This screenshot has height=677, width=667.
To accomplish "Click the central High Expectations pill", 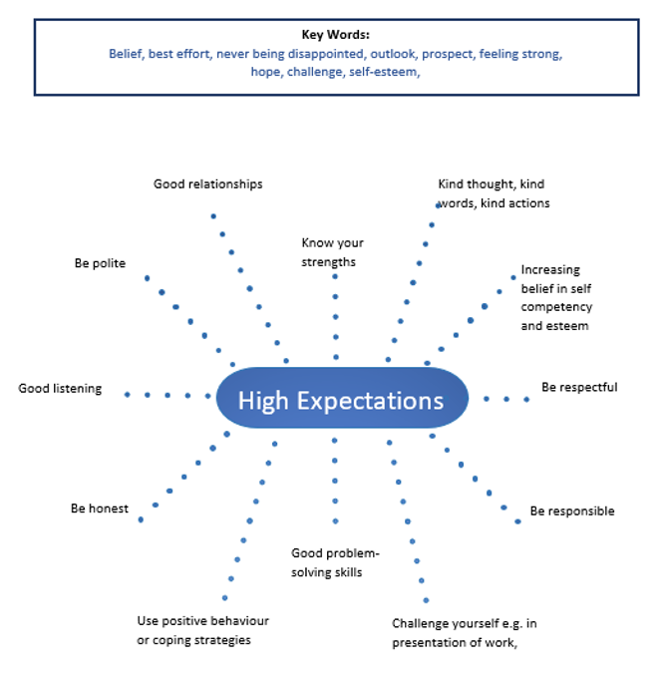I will click(341, 400).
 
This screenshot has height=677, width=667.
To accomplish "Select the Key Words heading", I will click(336, 34).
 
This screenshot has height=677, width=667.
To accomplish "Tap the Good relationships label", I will click(207, 183).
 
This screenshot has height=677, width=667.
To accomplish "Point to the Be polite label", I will click(100, 263).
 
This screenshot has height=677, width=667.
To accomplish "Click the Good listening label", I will click(60, 388).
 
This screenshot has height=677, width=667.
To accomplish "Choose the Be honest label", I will click(99, 508).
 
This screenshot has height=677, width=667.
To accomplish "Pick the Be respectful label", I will click(579, 387).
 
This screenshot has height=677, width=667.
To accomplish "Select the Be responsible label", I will click(571, 511).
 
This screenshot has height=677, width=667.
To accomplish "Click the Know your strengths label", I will click(333, 252).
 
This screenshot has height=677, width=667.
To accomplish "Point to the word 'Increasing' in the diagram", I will click(549, 270).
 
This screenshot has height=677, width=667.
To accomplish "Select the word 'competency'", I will click(555, 307).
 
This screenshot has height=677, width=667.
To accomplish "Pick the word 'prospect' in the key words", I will click(447, 54).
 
